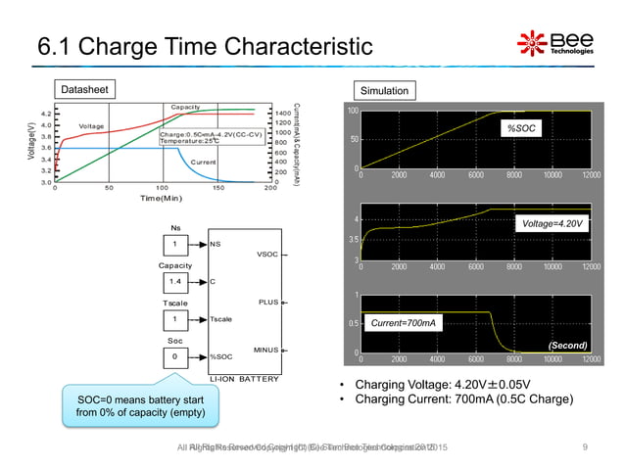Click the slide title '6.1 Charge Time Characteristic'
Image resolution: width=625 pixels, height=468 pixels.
click(x=205, y=46)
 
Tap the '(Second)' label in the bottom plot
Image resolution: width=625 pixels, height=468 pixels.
click(x=565, y=345)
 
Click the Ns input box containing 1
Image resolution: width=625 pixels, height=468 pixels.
click(x=175, y=245)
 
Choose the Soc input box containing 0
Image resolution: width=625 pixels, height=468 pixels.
click(x=175, y=357)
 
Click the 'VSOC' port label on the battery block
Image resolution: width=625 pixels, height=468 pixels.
click(x=266, y=255)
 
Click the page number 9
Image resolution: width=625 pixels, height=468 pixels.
click(x=584, y=447)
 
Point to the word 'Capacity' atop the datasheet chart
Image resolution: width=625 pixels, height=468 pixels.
click(x=186, y=107)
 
